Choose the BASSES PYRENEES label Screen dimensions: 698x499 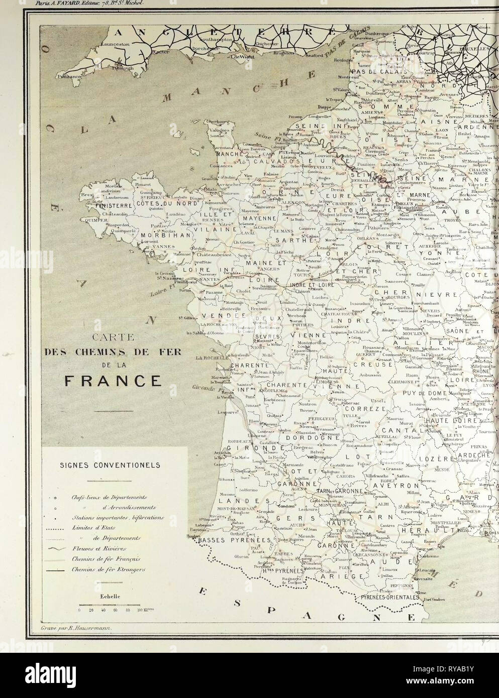tap(231, 540)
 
